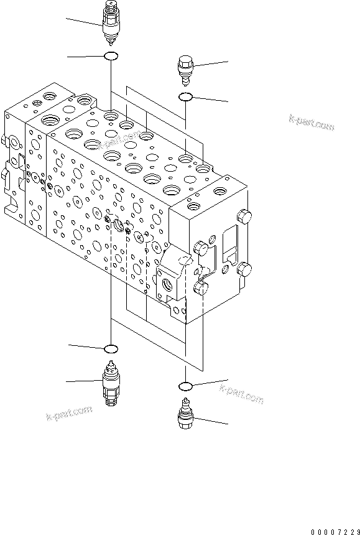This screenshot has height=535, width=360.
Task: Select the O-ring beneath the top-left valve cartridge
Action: (x=111, y=57)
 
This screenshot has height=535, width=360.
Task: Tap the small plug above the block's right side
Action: (x=186, y=68)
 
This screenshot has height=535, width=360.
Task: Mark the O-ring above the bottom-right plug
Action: (x=185, y=384)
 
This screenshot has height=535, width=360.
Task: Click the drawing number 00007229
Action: (x=335, y=523)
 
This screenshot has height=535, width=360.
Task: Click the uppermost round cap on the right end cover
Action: (x=242, y=217)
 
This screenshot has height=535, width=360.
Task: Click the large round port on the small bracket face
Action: (x=169, y=284)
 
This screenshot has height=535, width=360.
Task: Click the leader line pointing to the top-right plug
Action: (x=211, y=63)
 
